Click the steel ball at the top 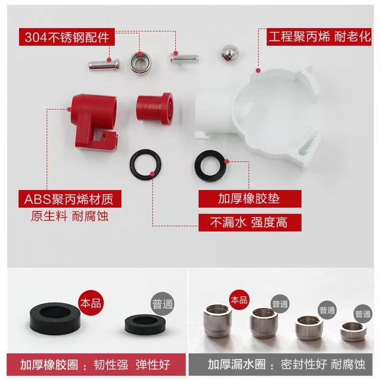231,53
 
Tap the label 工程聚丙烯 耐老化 319,36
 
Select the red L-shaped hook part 93,120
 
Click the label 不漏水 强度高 250,222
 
